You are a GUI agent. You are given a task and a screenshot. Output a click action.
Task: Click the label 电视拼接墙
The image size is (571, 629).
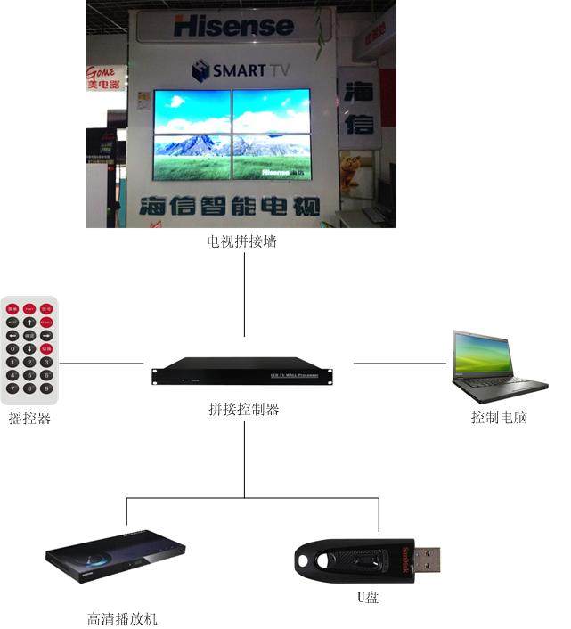point(241,241)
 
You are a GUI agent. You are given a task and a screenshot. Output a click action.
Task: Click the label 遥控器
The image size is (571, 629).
point(29,417)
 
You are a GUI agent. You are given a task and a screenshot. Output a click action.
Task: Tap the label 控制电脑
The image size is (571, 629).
point(499,416)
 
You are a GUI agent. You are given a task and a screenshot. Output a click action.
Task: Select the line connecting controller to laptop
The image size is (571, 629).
point(399,364)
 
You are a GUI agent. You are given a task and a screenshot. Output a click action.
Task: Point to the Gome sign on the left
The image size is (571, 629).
point(105,78)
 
